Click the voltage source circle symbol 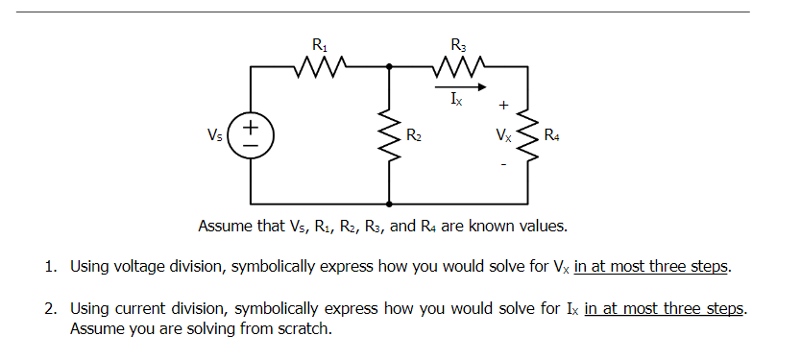click(252, 134)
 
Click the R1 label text click(319, 43)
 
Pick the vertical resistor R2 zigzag click(389, 135)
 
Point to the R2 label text click(413, 135)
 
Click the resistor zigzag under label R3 click(457, 67)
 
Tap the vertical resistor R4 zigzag click(527, 135)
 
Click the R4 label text click(552, 135)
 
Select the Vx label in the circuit click(503, 135)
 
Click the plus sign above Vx click(503, 103)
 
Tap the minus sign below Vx click(503, 165)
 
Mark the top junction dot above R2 click(389, 67)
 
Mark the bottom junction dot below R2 click(389, 204)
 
